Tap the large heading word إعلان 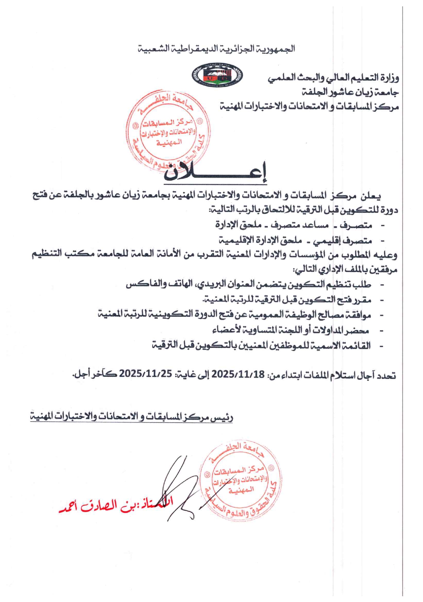[x=215, y=172]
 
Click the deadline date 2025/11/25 [x=145, y=374]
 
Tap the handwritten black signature [x=182, y=487]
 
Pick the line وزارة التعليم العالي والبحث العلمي [x=333, y=78]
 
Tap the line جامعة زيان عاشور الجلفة [x=350, y=92]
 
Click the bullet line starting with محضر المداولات [x=290, y=330]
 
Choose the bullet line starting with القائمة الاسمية [x=261, y=345]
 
